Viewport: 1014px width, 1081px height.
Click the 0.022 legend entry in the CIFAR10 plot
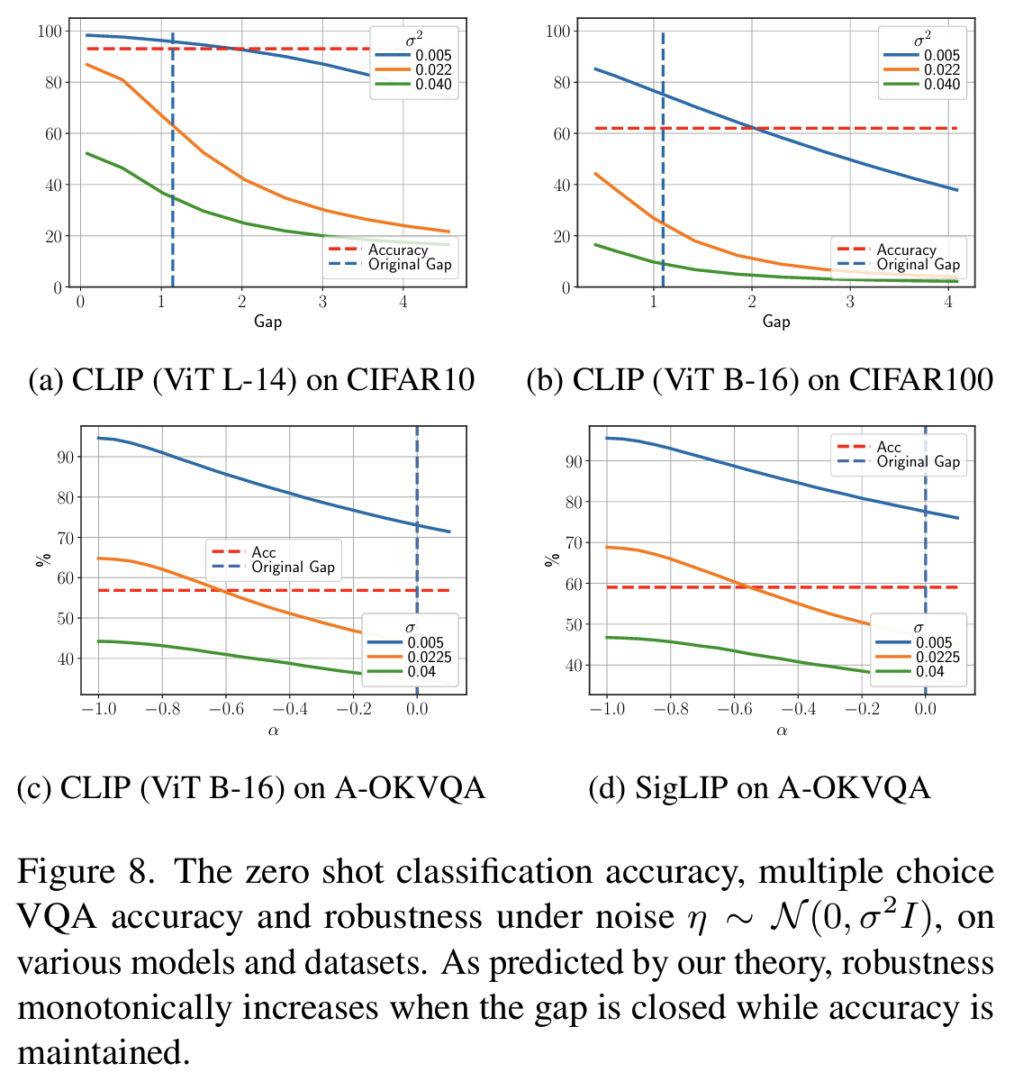coord(433,70)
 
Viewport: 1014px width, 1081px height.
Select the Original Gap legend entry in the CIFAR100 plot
coord(918,265)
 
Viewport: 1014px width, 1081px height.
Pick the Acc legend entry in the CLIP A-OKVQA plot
coord(264,552)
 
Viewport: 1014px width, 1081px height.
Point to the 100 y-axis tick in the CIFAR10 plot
coord(50,32)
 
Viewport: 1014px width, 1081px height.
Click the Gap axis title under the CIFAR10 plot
coord(267,322)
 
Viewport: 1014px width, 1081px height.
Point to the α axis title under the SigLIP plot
coord(782,731)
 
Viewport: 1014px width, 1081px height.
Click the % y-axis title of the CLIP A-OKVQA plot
coord(40,559)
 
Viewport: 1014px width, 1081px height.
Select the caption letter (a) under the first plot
coord(46,380)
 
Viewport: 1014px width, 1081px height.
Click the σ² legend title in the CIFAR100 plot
coord(922,41)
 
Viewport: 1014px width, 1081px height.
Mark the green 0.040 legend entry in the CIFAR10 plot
coord(433,85)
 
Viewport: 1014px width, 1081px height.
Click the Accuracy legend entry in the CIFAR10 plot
coord(398,250)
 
